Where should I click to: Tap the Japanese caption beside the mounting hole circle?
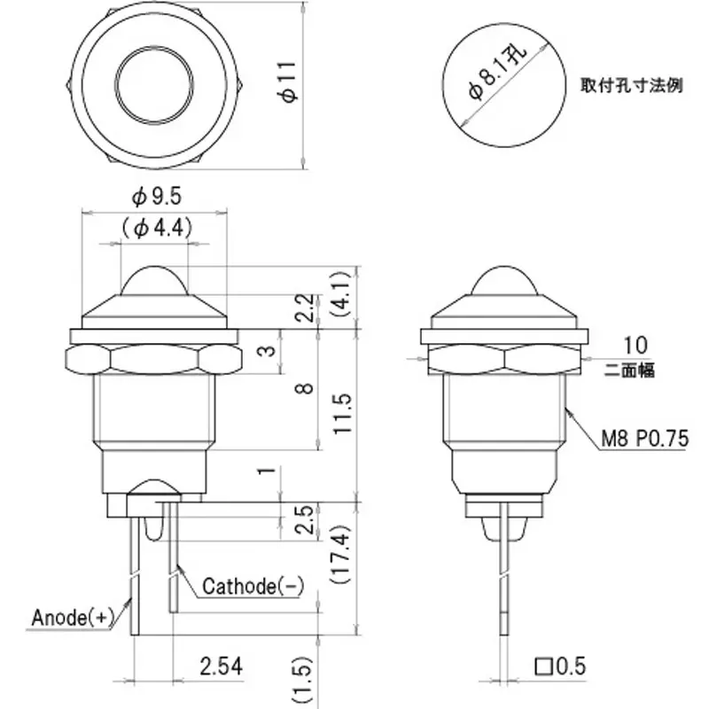coord(631,87)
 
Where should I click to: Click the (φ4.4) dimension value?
coord(153,228)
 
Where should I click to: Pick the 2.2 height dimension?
coord(305,309)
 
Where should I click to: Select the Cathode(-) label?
coord(253,586)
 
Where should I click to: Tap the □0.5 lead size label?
coord(560,665)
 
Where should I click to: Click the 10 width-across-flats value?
coord(635,345)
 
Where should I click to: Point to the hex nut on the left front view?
coord(152,359)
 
